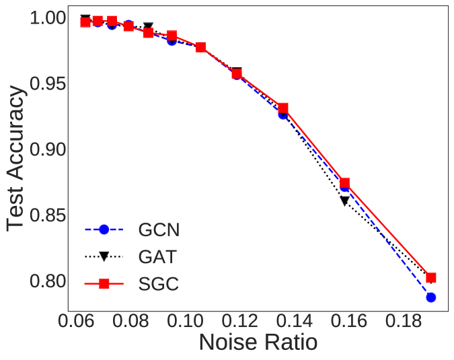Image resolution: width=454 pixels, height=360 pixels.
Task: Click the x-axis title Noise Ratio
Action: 258,342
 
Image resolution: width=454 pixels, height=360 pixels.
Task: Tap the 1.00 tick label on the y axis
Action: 48,19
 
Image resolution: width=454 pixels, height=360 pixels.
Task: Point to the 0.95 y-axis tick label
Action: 48,84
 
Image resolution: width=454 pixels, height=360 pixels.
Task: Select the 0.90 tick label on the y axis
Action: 48,149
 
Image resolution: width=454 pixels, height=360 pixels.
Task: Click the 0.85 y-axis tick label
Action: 48,215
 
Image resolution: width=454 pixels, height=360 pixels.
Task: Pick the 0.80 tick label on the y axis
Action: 48,281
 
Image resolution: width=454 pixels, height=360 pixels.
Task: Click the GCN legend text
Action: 159,229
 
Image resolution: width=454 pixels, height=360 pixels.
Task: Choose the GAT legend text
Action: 158,256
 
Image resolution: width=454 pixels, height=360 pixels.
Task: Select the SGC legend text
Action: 158,284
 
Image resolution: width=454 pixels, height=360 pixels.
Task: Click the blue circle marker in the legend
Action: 104,229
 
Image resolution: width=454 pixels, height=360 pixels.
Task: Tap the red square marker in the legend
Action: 104,284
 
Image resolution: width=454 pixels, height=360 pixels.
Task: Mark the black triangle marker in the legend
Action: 104,257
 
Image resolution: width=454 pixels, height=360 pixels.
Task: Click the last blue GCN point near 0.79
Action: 430,297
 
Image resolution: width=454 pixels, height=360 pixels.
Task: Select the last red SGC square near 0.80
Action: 431,277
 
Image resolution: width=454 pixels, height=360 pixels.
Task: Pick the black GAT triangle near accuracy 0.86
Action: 344,201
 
